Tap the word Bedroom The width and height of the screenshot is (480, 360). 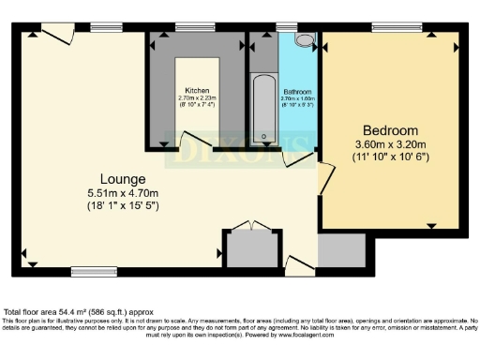pyautogui.click(x=390, y=129)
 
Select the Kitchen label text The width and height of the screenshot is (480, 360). pyautogui.click(x=197, y=90)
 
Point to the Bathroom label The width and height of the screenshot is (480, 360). pyautogui.click(x=298, y=92)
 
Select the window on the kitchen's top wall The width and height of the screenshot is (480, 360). pyautogui.click(x=194, y=27)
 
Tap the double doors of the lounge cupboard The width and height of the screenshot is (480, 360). pyautogui.click(x=249, y=226)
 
